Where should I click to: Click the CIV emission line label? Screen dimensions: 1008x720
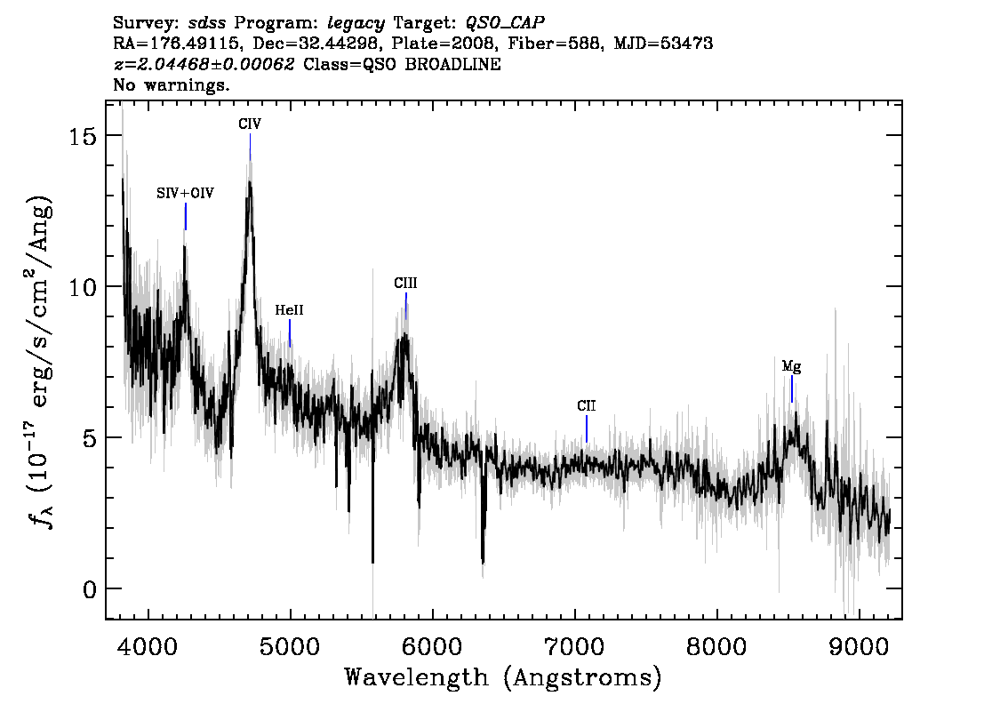tap(250, 124)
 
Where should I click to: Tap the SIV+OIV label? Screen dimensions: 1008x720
tap(185, 193)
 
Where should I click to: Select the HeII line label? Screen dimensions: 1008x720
tap(289, 310)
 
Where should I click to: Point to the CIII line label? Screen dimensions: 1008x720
tap(405, 283)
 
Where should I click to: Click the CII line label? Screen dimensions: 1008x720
tap(587, 405)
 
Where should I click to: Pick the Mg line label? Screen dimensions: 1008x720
tap(791, 366)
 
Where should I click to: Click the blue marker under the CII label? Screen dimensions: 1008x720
tap(587, 429)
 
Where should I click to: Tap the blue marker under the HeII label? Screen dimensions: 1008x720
tap(290, 333)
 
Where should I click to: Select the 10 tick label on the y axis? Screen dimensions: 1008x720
tap(82, 287)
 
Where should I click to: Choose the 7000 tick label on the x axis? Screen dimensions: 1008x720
tap(575, 646)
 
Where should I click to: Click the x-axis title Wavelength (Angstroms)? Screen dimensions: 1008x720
tap(503, 677)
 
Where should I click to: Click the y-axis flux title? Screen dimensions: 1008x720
tap(40, 360)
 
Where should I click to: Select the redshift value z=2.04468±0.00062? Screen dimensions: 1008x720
tap(204, 64)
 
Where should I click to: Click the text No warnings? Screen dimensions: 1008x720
tap(171, 84)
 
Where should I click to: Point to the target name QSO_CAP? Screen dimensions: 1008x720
tap(505, 23)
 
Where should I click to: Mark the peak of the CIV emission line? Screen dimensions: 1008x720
tap(250, 182)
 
